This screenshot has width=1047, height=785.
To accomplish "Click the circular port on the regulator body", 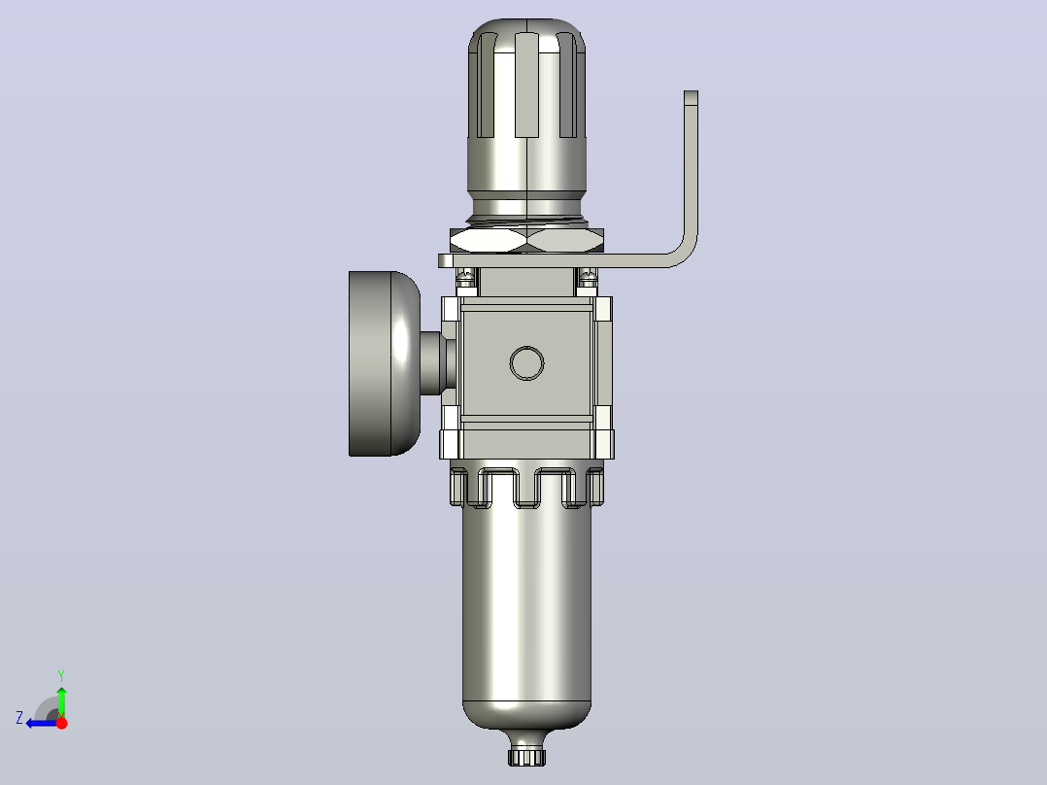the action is (526, 363).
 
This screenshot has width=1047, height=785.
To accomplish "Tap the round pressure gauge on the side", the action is (385, 363).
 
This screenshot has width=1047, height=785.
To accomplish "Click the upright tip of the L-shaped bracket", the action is (692, 97).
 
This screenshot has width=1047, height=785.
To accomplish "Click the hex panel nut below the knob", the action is (526, 241).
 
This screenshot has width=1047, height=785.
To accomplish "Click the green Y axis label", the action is (61, 675).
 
